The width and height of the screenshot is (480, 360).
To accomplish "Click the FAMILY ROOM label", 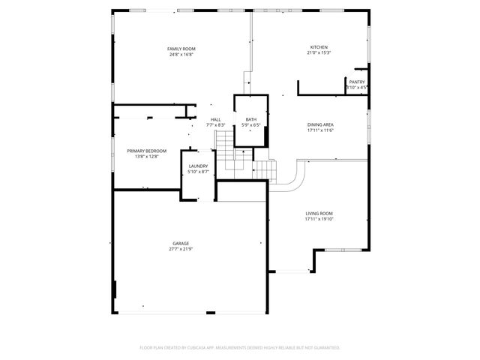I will pyautogui.click(x=181, y=49).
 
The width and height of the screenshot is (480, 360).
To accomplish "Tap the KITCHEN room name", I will pyautogui.click(x=319, y=47).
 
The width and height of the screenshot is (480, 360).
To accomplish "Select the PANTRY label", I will pyautogui.click(x=356, y=82).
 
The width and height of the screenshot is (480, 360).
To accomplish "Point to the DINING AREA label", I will pyautogui.click(x=319, y=124).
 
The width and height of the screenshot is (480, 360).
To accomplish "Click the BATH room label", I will pyautogui.click(x=251, y=119).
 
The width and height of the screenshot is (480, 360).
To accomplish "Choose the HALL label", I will pyautogui.click(x=215, y=119).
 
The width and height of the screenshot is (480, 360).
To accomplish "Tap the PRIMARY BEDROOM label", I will pyautogui.click(x=146, y=151).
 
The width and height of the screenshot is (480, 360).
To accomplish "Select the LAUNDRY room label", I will pyautogui.click(x=198, y=166).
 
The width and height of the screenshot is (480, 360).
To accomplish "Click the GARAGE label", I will pyautogui.click(x=181, y=243).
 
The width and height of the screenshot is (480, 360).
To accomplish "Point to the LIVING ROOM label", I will pyautogui.click(x=319, y=214).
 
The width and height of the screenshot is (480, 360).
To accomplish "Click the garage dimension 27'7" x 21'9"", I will pyautogui.click(x=181, y=249).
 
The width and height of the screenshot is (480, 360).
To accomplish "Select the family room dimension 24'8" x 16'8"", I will pyautogui.click(x=181, y=55).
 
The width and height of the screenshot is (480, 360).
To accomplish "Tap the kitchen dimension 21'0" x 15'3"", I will pyautogui.click(x=319, y=53).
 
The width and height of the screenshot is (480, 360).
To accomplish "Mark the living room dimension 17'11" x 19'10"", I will pyautogui.click(x=319, y=220).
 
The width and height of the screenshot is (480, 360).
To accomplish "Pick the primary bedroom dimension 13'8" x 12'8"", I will pyautogui.click(x=146, y=157).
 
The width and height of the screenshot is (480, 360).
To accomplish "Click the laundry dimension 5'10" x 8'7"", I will pyautogui.click(x=198, y=172).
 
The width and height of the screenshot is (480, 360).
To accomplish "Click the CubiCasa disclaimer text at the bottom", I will pyautogui.click(x=240, y=347).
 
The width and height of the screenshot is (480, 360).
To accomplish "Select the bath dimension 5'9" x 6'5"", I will pyautogui.click(x=251, y=125).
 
